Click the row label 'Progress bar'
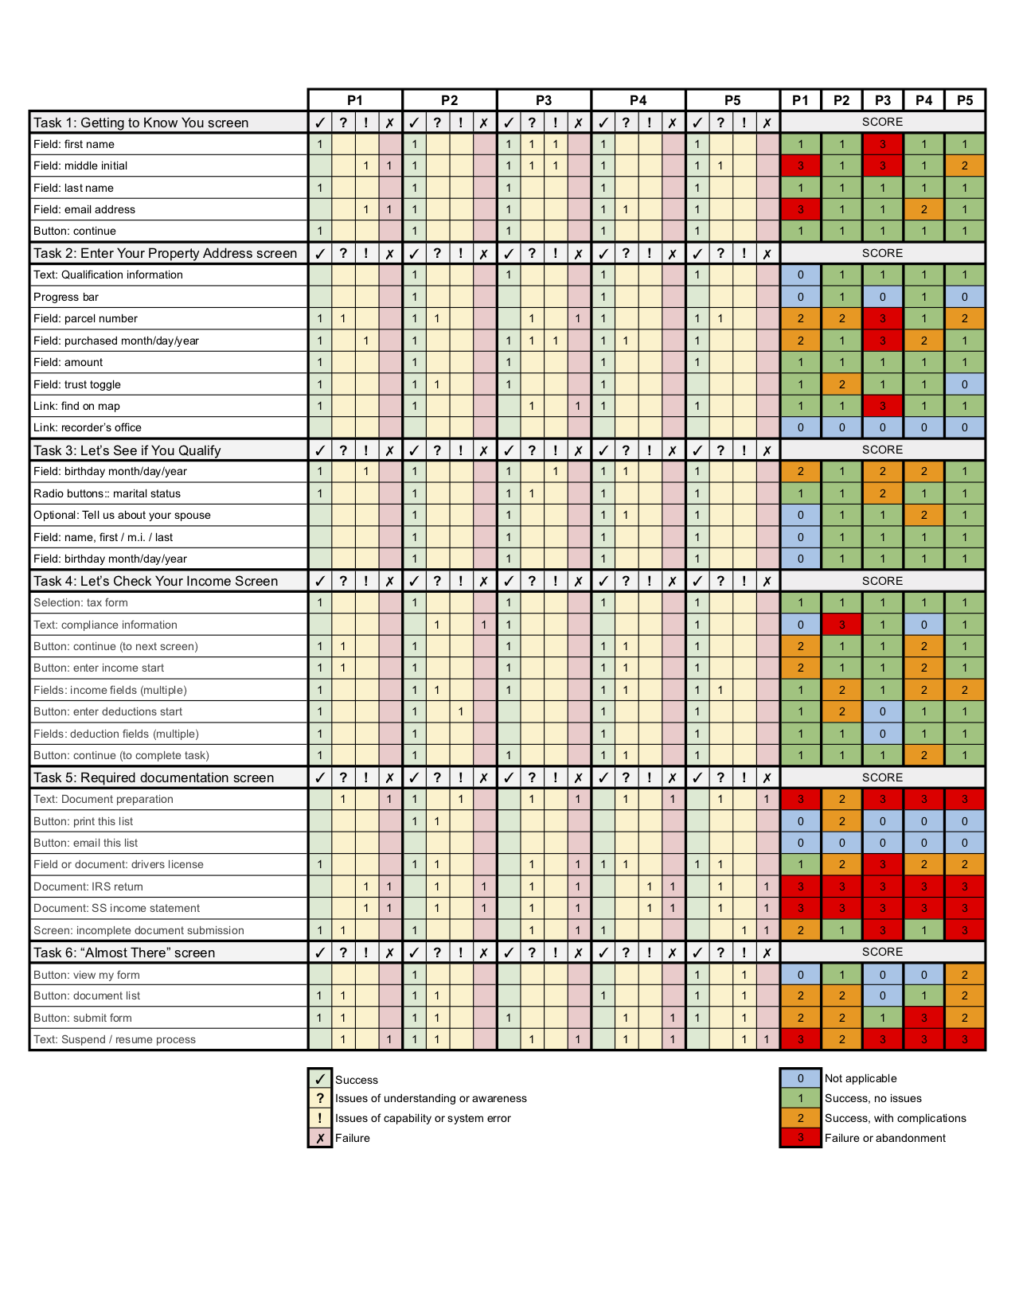(66, 297)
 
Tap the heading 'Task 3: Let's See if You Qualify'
(127, 450)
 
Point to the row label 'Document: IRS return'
(88, 886)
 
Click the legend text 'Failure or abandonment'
(885, 1138)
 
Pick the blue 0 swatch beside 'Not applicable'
(800, 1078)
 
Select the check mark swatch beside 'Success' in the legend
(320, 1079)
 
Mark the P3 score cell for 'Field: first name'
(883, 144)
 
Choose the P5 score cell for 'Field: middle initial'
(965, 166)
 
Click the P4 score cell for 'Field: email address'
(923, 209)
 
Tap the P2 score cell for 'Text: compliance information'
(841, 625)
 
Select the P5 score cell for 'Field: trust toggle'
(965, 384)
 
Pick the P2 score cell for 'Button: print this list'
(841, 821)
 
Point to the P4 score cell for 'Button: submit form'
(923, 1018)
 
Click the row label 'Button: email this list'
(86, 843)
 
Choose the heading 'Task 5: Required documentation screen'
(154, 777)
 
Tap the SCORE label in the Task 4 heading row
(882, 581)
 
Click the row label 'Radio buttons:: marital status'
(107, 493)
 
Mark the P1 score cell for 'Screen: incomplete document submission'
(800, 930)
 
